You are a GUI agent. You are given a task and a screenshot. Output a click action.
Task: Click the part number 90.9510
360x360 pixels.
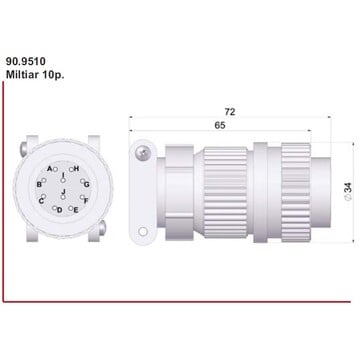pos(26,61)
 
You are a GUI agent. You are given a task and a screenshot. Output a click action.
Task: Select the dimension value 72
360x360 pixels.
pos(229,112)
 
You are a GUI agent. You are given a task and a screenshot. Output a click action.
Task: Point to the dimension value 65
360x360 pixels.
pos(220,125)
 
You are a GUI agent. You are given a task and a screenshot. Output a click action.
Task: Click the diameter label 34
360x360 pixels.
pos(347,191)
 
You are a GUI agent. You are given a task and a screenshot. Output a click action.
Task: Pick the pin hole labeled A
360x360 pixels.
pos(56,169)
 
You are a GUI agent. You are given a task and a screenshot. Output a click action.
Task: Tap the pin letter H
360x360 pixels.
pos(76,169)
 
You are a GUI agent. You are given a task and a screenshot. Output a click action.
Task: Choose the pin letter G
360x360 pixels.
pos(87,184)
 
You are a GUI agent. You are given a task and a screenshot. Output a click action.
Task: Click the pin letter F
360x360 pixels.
pos(86,201)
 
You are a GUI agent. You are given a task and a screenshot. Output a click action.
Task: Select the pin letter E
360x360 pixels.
pos(76,210)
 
